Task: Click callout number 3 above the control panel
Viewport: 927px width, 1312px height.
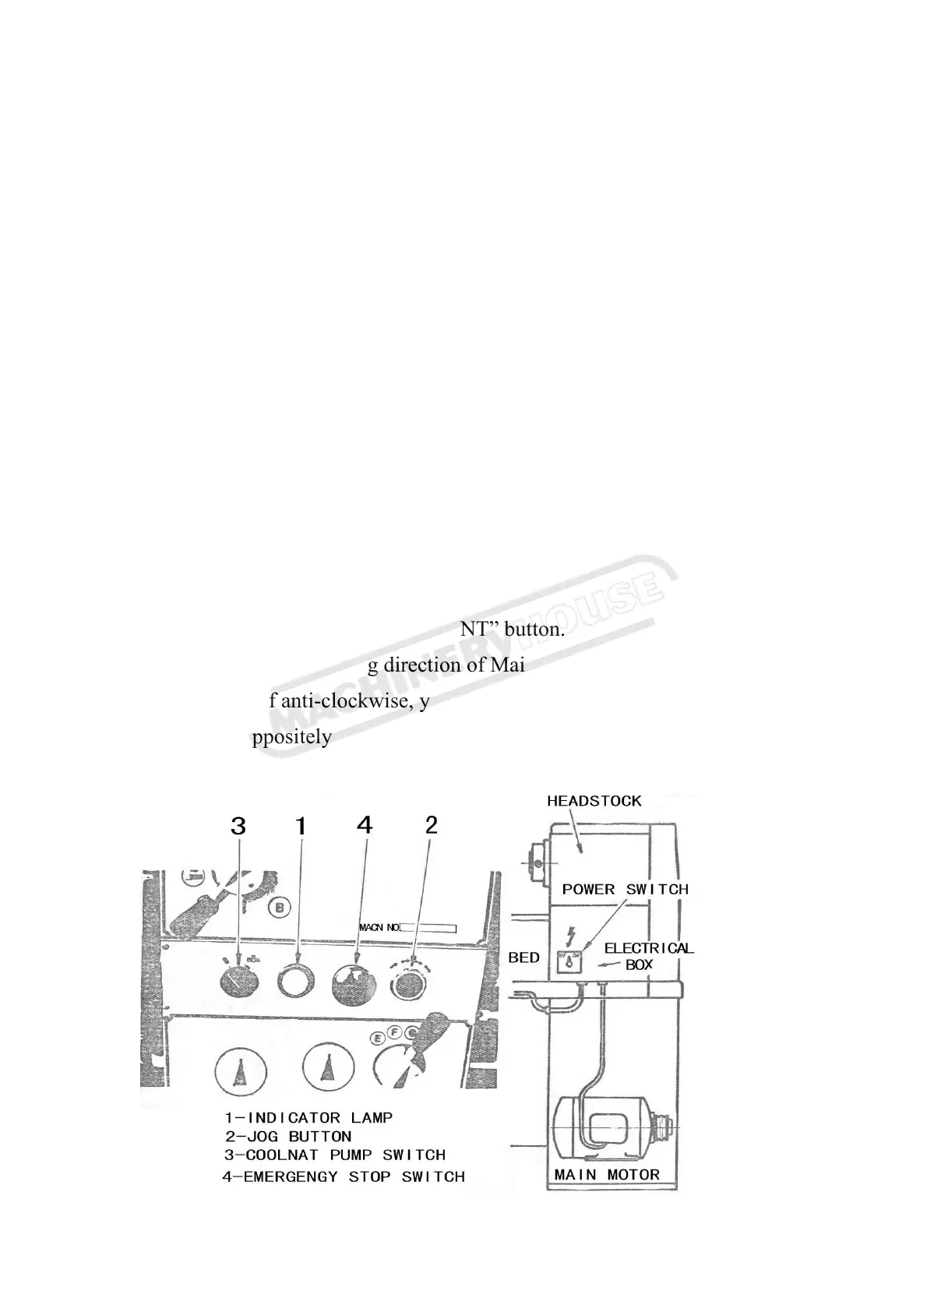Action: click(x=238, y=826)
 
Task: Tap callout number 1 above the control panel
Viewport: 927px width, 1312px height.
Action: click(x=301, y=826)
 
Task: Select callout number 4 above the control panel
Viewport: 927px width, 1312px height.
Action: click(x=365, y=824)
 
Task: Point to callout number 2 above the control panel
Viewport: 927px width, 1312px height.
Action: click(x=432, y=824)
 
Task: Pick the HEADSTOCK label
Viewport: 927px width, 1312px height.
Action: click(x=594, y=801)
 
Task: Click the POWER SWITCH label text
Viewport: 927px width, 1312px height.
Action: click(x=626, y=889)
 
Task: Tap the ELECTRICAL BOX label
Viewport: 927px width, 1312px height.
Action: click(x=648, y=956)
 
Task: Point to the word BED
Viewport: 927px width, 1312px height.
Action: click(x=524, y=958)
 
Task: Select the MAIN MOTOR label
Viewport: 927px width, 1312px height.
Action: click(x=607, y=1174)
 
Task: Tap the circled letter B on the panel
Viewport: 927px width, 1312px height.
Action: click(x=279, y=907)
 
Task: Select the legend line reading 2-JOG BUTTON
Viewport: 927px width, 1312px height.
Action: click(x=289, y=1137)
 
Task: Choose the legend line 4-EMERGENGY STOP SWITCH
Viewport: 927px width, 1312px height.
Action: click(x=344, y=1176)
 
